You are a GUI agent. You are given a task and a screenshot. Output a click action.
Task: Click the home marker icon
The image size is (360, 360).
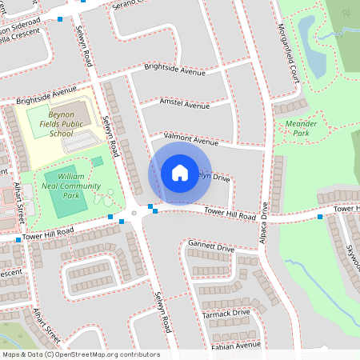(x=180, y=173)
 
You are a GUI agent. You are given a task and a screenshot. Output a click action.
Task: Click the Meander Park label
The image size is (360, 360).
(x=302, y=128)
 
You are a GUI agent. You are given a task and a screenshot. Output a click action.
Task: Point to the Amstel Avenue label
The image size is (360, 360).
(x=185, y=105)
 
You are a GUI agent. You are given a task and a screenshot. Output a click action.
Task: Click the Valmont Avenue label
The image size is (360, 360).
(x=190, y=138)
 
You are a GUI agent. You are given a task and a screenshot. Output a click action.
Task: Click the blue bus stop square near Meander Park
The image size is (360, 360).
(x=320, y=217)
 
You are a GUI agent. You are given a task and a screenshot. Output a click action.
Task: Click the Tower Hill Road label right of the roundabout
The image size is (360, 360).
(x=230, y=214)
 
